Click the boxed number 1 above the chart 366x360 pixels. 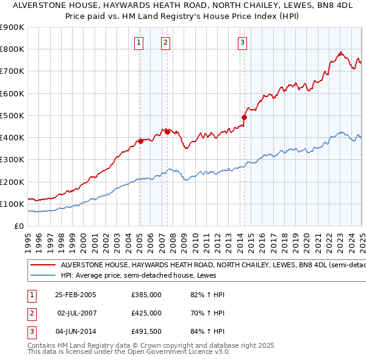click(x=140, y=43)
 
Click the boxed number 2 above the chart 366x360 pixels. click(x=166, y=43)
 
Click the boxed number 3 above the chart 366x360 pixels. click(x=243, y=43)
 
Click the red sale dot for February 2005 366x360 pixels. click(x=140, y=141)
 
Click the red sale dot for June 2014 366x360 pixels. click(x=244, y=117)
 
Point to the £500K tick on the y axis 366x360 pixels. click(x=13, y=115)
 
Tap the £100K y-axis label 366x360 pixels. click(x=13, y=204)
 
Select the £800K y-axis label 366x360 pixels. click(x=13, y=49)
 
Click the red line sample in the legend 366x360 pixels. click(x=42, y=265)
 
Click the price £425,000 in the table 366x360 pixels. click(x=146, y=313)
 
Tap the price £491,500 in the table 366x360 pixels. click(x=146, y=331)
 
